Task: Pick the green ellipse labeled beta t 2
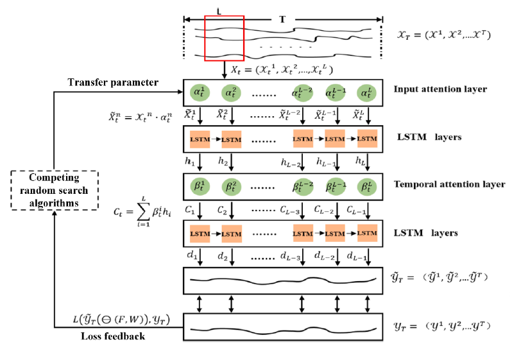(x=232, y=186)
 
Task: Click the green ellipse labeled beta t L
(x=367, y=186)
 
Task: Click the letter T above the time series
(x=282, y=19)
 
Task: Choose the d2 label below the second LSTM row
(x=223, y=256)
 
